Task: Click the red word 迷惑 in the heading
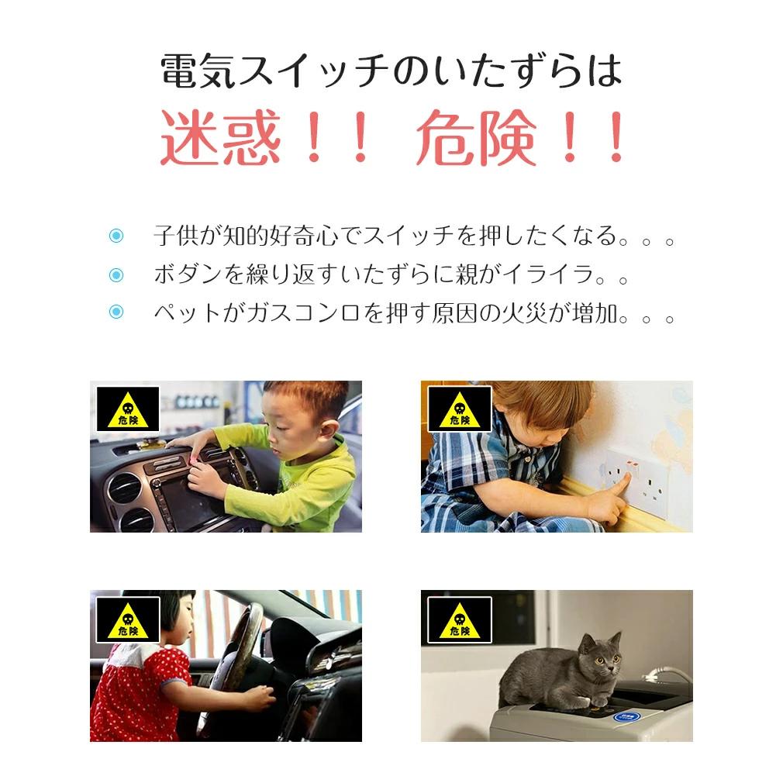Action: [x=219, y=137]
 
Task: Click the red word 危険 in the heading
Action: [x=477, y=137]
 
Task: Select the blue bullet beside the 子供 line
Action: [x=116, y=236]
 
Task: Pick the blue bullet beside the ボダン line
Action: [x=116, y=274]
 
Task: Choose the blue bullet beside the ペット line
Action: [x=116, y=312]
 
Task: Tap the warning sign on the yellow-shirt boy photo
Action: [x=128, y=409]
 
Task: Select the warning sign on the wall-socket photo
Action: [x=460, y=409]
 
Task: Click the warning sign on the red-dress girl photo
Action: [x=128, y=619]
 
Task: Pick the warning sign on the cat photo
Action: [x=460, y=619]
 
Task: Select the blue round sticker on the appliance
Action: [x=627, y=717]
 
